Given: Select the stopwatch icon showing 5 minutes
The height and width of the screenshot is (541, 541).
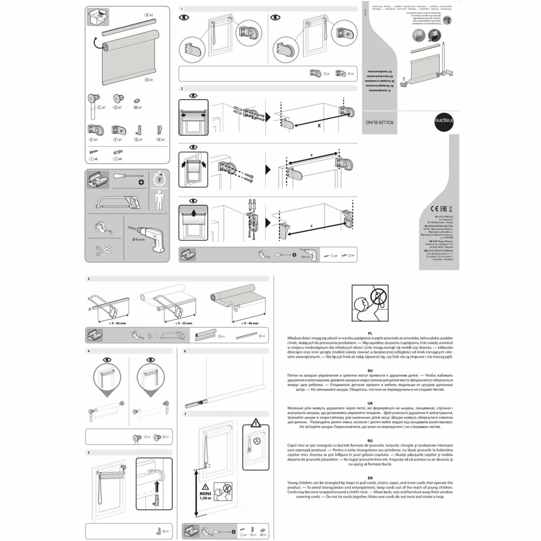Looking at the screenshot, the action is click(x=159, y=179).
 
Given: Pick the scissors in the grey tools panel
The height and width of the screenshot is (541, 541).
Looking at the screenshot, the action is click(x=104, y=251).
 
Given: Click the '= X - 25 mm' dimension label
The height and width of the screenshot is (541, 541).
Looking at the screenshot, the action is click(x=182, y=323).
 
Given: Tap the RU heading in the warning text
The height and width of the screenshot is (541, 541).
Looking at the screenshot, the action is click(x=370, y=370).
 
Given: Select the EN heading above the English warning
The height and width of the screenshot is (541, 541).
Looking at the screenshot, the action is click(x=370, y=478).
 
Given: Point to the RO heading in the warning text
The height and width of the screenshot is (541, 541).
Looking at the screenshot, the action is click(x=370, y=440).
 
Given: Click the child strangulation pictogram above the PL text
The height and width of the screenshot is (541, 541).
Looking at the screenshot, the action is click(x=370, y=303).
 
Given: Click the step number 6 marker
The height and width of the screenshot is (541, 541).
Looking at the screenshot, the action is click(x=185, y=351).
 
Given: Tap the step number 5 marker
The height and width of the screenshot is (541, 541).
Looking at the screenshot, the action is click(x=89, y=452).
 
